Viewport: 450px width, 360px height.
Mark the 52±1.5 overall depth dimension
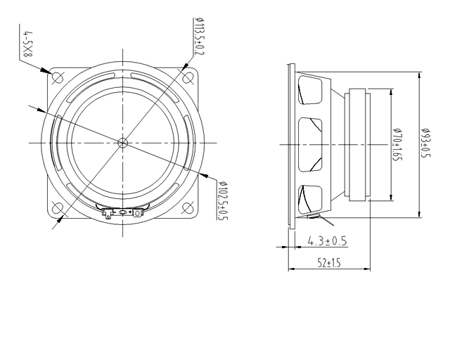point(328,263)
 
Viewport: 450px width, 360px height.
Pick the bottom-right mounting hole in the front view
point(188,207)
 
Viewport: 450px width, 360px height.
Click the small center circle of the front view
point(124,141)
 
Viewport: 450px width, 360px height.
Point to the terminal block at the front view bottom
point(123,212)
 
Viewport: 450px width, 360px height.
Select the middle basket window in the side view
point(310,144)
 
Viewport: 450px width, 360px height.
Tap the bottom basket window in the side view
point(309,198)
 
